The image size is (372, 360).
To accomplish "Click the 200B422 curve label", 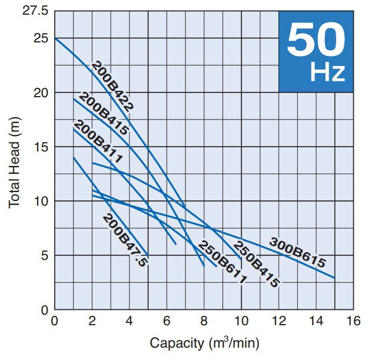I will coord(113,86).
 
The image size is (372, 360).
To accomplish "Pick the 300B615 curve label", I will coord(297,253).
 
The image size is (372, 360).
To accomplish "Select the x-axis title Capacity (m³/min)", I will coord(204,343).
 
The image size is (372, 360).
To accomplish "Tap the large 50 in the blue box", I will coord(315,41).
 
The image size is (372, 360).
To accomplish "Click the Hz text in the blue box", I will coord(327,73).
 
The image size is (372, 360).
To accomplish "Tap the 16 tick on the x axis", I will coord(353,321).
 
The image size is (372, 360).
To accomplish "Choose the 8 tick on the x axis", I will coord(204,321).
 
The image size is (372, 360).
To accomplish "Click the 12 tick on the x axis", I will coord(278,321).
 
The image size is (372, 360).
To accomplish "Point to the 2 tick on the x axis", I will coord(92,321).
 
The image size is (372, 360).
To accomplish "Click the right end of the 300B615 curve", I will coord(334,278).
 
